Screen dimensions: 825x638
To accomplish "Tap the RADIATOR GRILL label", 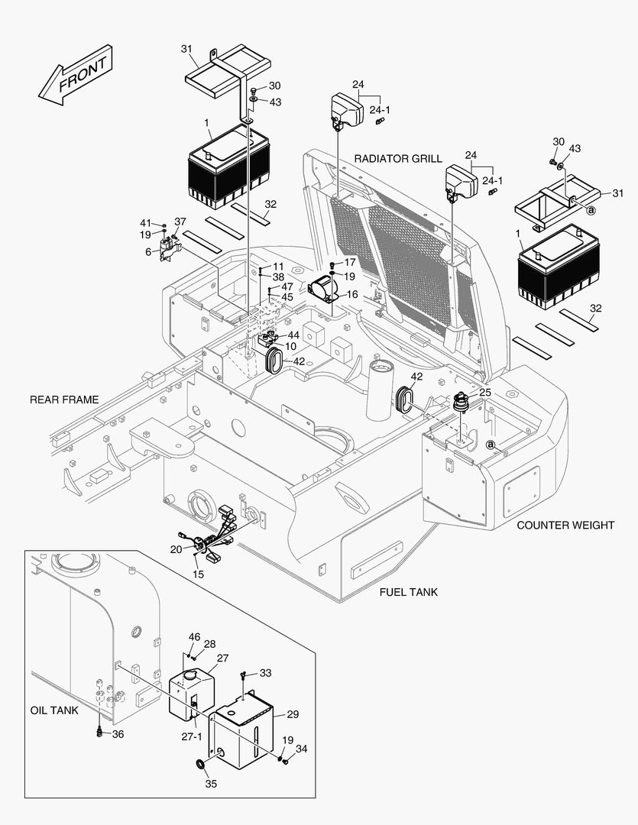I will (397, 158).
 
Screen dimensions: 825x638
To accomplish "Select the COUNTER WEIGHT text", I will (565, 525).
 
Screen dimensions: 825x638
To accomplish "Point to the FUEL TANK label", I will (409, 592).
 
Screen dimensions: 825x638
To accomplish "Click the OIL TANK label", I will (54, 710).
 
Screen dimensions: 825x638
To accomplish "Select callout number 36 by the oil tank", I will (117, 734).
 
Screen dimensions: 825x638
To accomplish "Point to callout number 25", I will (485, 392).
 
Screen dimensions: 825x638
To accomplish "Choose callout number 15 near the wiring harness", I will (198, 574).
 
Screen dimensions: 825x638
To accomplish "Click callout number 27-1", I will (192, 736).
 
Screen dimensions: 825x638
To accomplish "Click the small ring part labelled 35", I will (200, 765).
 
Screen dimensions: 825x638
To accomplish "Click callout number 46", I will (194, 636).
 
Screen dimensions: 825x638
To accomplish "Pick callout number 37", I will (180, 222).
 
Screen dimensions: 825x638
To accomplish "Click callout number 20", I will (176, 548).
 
